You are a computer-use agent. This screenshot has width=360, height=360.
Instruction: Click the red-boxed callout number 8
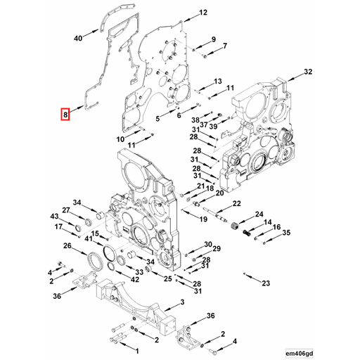65,113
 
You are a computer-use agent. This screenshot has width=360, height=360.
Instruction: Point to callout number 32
308,72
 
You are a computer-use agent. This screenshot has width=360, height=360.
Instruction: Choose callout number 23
265,283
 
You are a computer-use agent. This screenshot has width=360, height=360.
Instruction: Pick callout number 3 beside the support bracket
182,302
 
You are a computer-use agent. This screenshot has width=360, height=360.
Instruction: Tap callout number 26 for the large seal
67,246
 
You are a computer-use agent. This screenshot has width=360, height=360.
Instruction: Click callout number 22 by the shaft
236,203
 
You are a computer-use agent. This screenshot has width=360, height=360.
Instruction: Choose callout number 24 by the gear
259,214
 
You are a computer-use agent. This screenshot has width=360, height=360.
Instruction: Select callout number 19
203,220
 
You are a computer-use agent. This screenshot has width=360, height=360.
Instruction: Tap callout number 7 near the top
224,46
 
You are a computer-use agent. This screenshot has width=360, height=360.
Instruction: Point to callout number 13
218,82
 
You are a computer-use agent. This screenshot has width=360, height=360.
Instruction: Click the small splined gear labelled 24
246,233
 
